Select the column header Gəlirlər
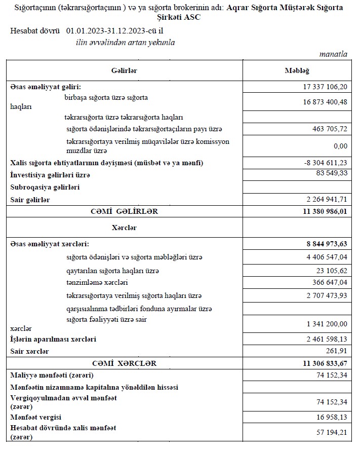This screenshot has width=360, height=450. (x=124, y=71)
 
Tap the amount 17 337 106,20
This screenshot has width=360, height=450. (x=322, y=87)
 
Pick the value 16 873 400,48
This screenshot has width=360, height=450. (x=322, y=102)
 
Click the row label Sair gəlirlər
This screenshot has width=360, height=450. (x=30, y=200)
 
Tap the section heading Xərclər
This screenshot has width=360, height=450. (x=124, y=228)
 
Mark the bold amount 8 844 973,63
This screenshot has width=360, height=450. (x=324, y=244)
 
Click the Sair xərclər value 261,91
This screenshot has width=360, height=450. (x=337, y=351)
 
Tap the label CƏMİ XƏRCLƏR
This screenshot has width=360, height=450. (x=124, y=363)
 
